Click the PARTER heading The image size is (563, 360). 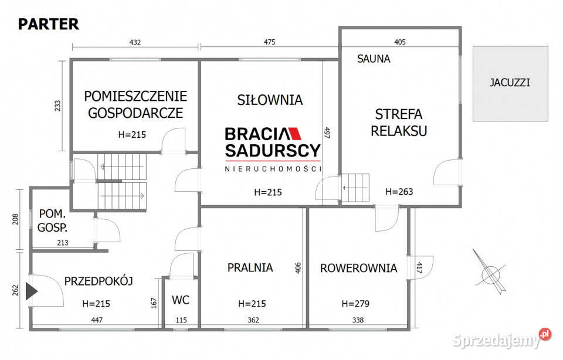click(x=48, y=24)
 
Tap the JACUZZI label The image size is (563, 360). click(x=510, y=83)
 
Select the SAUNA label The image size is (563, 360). click(x=374, y=59)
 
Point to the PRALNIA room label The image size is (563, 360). click(x=250, y=267)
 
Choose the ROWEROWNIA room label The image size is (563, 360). click(x=358, y=268)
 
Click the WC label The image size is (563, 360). click(x=181, y=300)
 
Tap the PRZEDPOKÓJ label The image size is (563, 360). click(x=99, y=281)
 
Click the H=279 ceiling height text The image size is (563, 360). click(x=355, y=304)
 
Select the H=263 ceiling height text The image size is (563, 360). click(x=399, y=191)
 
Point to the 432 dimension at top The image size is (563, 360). click(x=135, y=42)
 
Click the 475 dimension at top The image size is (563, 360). click(x=269, y=42)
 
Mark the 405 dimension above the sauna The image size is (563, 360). click(x=400, y=42)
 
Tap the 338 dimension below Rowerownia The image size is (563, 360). click(x=357, y=320)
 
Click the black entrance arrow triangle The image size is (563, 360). click(x=31, y=291)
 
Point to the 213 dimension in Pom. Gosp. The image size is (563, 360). click(x=63, y=243)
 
